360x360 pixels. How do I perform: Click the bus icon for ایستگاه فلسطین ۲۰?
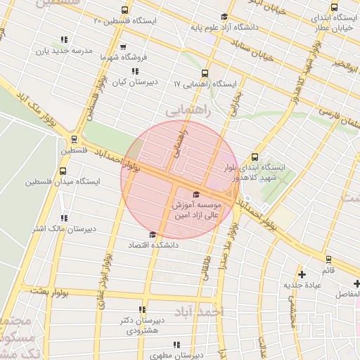coord(124,11)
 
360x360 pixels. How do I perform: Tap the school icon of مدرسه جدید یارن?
coord(64,40)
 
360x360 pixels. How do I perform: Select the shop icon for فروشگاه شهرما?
coord(124,55)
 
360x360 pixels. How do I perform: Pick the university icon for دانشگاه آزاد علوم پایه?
coord(224,18)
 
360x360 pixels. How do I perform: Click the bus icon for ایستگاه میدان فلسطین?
coord(63,170)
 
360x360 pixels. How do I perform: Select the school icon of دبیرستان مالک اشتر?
coord(64,218)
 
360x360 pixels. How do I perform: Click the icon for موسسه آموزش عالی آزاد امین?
coord(195,194)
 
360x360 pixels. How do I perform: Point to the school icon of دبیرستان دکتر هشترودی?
coord(143,309)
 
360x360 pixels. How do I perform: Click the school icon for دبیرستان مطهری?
coord(176,345)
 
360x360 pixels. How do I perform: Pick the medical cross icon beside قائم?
coord(302,274)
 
